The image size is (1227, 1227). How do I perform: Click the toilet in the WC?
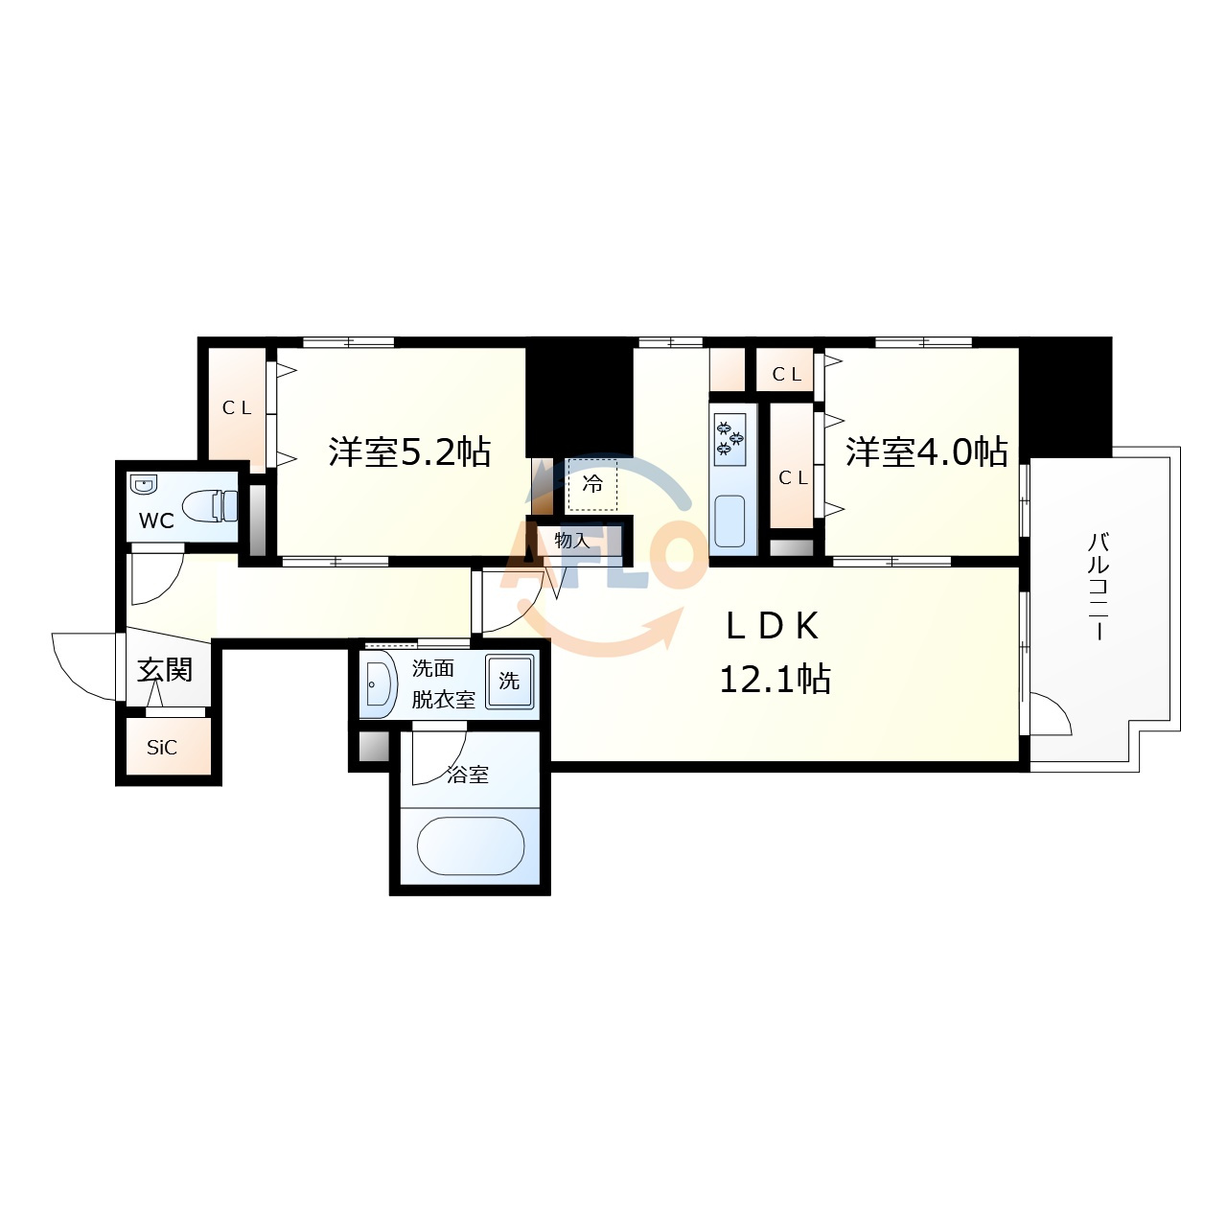click(210, 506)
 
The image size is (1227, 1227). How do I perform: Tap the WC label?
click(156, 521)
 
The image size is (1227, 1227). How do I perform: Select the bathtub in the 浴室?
click(471, 845)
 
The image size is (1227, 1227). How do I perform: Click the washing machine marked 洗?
click(509, 681)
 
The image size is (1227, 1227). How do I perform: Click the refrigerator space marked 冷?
click(592, 484)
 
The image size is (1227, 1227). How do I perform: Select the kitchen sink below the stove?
click(729, 521)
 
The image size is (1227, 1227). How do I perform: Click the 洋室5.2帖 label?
click(409, 451)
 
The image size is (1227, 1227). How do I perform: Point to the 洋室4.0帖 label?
click(926, 451)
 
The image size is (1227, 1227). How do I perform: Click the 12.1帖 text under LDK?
click(775, 679)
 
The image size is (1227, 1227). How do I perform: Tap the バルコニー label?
click(1099, 587)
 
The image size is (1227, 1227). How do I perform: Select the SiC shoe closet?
click(169, 746)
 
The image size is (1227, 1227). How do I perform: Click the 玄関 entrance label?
click(165, 669)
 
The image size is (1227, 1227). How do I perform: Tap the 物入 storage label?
click(571, 540)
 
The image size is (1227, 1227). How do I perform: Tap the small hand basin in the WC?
click(143, 484)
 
